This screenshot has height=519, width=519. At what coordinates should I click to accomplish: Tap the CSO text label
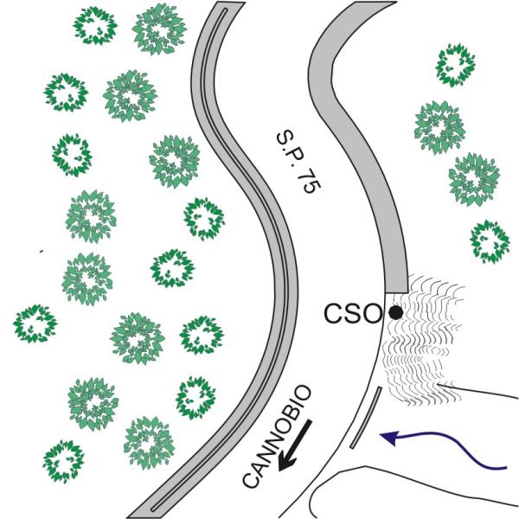tap(353, 313)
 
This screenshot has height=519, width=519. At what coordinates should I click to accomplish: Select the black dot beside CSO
tap(395, 312)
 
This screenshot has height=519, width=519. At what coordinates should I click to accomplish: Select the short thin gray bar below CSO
tap(366, 420)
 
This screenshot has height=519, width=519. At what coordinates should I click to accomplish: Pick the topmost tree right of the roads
tap(455, 67)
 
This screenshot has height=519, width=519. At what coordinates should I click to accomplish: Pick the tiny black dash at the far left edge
tap(41, 252)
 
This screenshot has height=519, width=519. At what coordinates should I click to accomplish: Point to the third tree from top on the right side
tap(474, 179)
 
